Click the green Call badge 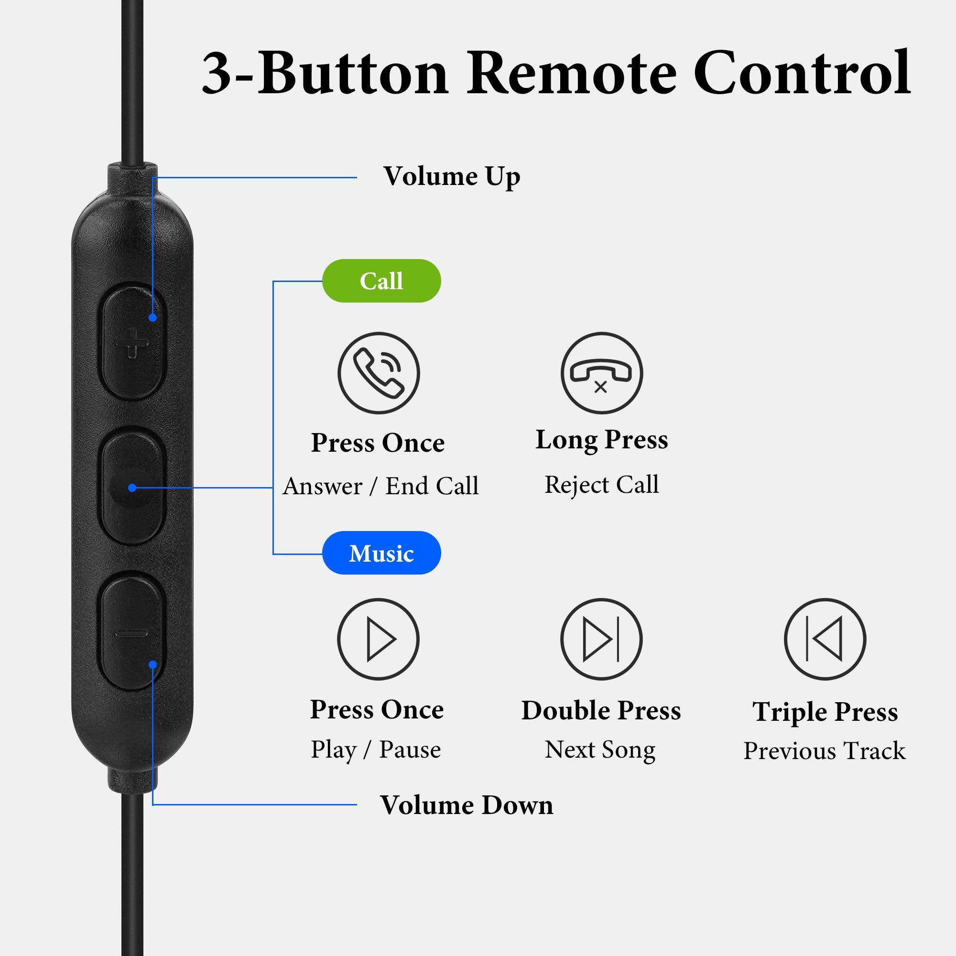381,281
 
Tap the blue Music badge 381,553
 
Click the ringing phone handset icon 379,373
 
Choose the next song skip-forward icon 602,639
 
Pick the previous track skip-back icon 825,639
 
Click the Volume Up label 452,177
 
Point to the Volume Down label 467,804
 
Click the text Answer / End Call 381,486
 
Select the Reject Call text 602,484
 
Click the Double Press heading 601,711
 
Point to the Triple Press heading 825,712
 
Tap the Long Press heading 602,440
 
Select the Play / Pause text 376,750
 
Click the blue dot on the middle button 132,488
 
